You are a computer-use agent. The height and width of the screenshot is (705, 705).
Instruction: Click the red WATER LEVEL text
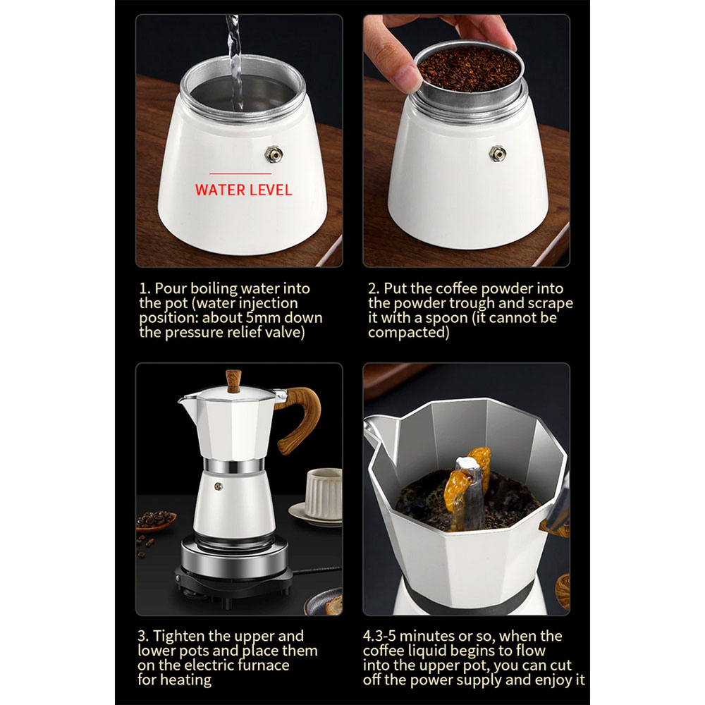(x=243, y=190)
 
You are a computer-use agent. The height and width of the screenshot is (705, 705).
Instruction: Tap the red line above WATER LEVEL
(x=240, y=173)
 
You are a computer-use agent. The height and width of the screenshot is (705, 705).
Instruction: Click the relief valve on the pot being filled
(x=274, y=154)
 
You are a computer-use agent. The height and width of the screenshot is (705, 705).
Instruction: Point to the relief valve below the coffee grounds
(x=497, y=154)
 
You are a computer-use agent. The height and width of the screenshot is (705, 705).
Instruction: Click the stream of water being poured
(x=235, y=63)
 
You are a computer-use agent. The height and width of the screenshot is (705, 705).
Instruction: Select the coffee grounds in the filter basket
(x=469, y=69)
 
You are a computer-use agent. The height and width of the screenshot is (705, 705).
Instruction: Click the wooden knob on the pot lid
(x=233, y=381)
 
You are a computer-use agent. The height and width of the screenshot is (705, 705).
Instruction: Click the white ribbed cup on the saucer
(x=324, y=493)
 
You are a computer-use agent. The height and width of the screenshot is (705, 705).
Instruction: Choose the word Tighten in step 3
(x=179, y=637)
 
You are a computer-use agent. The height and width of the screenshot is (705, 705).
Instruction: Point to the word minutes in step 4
(x=427, y=636)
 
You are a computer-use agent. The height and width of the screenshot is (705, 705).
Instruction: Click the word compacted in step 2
(x=409, y=333)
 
